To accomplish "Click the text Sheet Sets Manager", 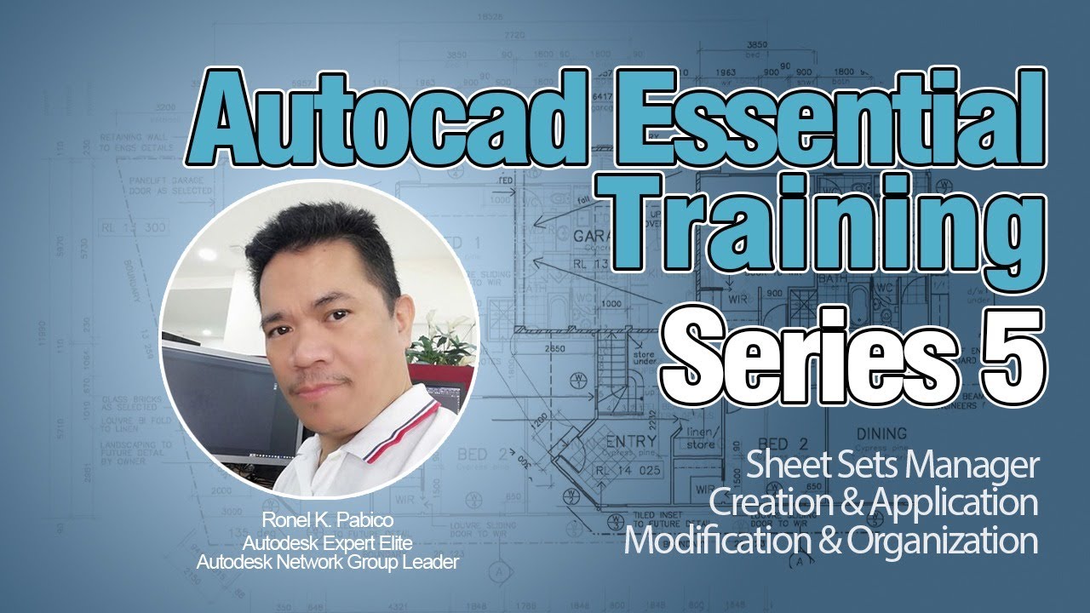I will [x=893, y=467].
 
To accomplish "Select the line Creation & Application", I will [x=874, y=503].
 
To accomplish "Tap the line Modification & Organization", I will [x=831, y=541].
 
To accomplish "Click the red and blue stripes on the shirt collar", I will [x=400, y=434].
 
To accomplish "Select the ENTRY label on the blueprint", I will [x=630, y=441].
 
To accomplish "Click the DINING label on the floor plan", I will [x=881, y=433].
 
